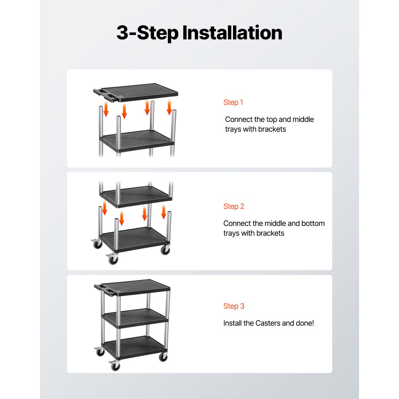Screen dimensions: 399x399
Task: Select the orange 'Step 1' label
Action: [x=233, y=103]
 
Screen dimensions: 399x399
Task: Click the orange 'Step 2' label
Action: [x=233, y=206]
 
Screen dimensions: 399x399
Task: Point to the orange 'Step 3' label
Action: [x=233, y=306]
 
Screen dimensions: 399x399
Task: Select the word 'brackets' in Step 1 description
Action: [x=272, y=129]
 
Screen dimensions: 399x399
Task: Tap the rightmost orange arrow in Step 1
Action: [x=169, y=107]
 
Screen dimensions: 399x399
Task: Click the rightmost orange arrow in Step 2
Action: [x=164, y=211]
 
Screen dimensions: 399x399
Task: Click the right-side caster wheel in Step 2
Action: [x=165, y=250]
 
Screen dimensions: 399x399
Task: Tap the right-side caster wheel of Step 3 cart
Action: [x=163, y=357]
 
